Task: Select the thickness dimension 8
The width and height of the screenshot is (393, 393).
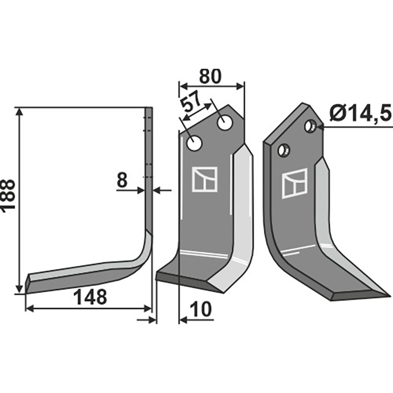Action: (x=122, y=180)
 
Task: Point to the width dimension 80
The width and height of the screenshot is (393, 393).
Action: (x=211, y=76)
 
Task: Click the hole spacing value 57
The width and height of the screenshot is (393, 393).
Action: (x=191, y=105)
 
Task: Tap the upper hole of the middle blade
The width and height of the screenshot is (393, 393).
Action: (x=225, y=123)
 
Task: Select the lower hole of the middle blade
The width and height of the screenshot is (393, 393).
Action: (x=195, y=144)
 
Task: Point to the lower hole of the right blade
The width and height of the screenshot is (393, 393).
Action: (x=283, y=150)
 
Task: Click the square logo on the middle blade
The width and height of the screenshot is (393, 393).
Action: (x=204, y=179)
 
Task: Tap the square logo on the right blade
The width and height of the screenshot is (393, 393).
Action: (x=294, y=183)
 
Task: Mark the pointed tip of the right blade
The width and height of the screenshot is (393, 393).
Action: (x=389, y=296)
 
